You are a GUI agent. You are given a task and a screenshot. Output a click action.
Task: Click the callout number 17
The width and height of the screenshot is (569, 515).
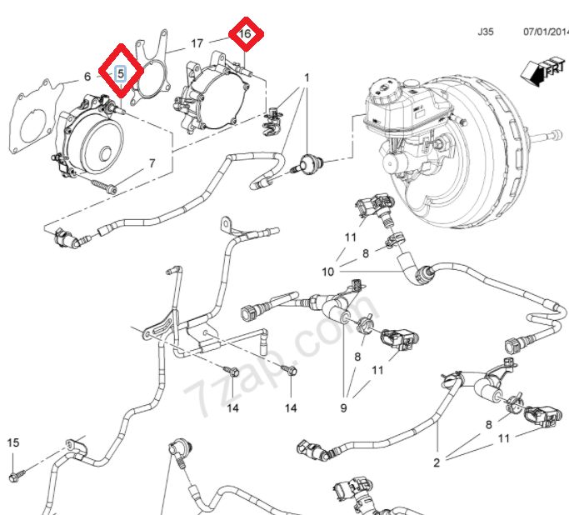click(x=197, y=42)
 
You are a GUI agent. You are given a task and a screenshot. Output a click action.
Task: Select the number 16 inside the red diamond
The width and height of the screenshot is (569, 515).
click(x=245, y=34)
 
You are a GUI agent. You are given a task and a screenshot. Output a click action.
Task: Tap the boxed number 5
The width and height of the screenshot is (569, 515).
click(x=120, y=73)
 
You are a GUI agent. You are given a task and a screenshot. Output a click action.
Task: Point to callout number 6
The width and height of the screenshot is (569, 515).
click(x=87, y=77)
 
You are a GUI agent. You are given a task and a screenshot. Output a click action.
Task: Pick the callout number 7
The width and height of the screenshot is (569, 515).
click(x=152, y=163)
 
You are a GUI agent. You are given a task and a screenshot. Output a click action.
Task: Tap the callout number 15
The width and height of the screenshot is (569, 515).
click(x=12, y=442)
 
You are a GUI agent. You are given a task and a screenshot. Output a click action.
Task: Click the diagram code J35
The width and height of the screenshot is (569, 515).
click(x=485, y=32)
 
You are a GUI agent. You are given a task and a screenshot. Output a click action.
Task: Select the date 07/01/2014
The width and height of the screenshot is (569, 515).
click(x=544, y=32)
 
